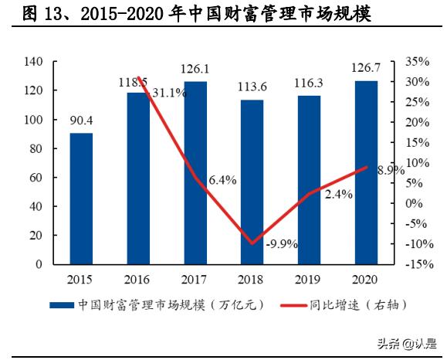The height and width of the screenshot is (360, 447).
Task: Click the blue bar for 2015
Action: tap(81, 199)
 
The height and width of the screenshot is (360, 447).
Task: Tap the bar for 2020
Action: tap(366, 172)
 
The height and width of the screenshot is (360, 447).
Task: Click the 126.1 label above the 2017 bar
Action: tap(195, 70)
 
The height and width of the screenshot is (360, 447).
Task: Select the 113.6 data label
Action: tap(252, 87)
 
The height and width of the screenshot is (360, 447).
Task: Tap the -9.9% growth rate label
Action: tap(281, 244)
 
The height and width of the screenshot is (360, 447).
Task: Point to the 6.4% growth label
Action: tap(222, 180)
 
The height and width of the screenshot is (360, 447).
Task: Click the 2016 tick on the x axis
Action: tap(137, 280)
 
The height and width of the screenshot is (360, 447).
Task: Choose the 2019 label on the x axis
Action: tap(308, 280)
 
